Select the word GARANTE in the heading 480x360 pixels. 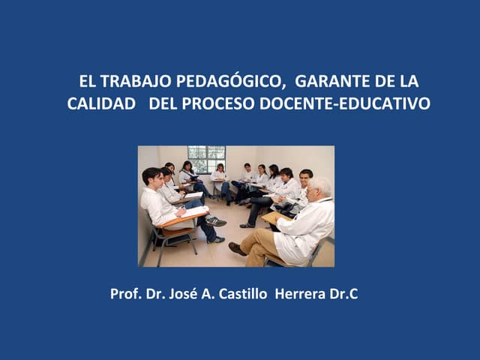tap(328, 81)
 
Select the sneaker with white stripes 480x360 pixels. tap(216, 221)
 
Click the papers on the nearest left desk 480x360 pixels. tap(194, 212)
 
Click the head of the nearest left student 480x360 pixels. tap(152, 178)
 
